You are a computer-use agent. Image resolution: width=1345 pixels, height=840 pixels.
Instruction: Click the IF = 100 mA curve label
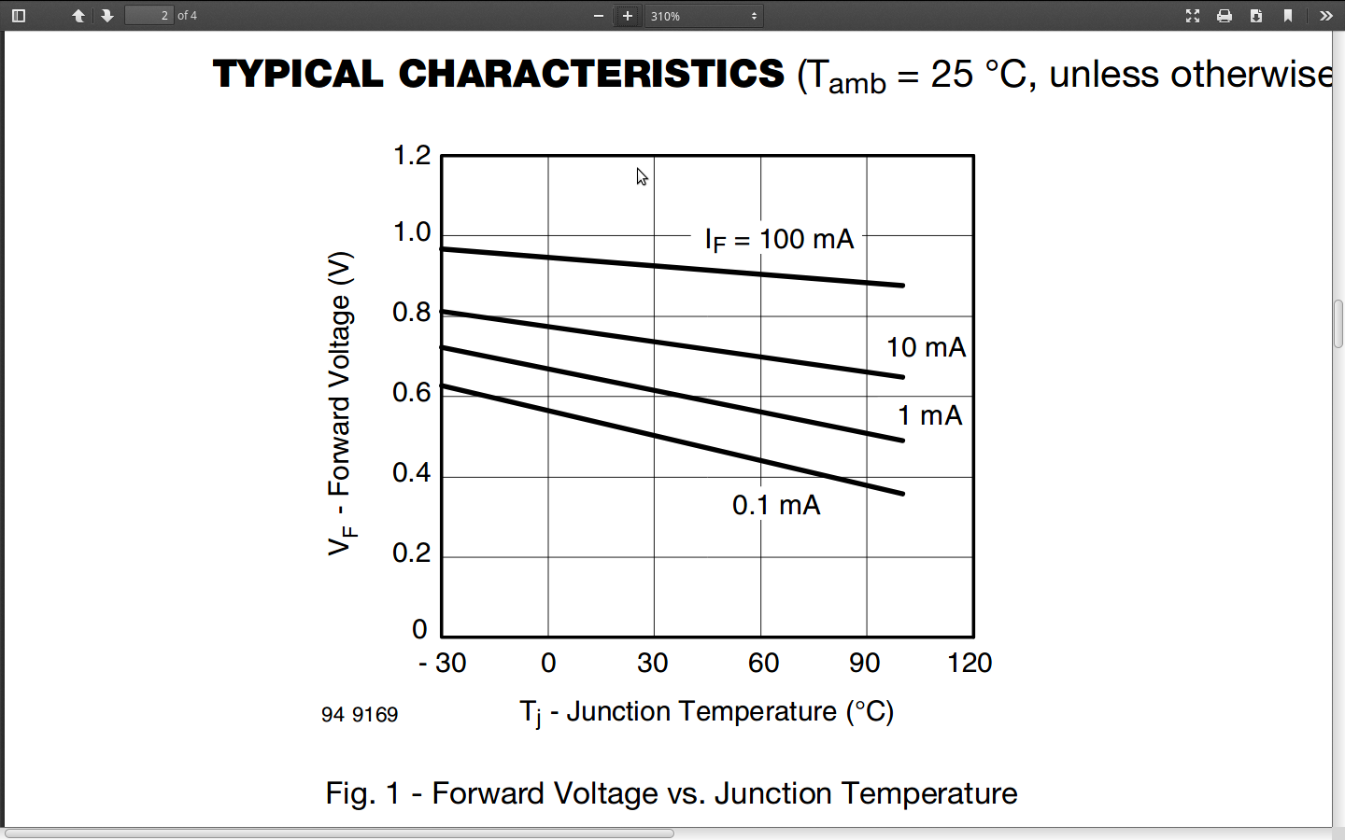tap(779, 240)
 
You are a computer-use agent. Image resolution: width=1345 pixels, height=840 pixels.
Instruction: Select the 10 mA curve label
tap(926, 347)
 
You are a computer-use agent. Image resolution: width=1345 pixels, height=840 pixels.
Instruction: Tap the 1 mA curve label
tap(929, 415)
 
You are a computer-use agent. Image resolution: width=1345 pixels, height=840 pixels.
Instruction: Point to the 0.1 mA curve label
tap(776, 505)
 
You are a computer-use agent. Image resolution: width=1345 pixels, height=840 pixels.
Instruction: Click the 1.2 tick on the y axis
tap(412, 155)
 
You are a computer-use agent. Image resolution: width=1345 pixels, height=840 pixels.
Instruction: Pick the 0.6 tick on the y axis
tap(412, 392)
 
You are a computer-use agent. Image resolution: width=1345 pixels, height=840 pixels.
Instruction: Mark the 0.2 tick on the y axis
tap(412, 553)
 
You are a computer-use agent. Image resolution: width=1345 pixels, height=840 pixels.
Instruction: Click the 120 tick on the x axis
tap(970, 663)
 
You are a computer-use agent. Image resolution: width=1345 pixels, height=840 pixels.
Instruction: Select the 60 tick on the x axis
tap(763, 663)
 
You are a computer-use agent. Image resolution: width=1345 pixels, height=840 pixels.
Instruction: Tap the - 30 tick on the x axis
tap(443, 663)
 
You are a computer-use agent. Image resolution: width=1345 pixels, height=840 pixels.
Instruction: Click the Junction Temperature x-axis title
tap(706, 712)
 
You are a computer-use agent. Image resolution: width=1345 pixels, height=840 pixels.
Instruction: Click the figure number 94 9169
tap(360, 715)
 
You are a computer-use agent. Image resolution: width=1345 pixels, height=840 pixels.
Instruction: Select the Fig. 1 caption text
tap(671, 793)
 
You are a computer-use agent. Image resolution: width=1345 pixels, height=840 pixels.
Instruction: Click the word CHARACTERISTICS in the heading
tap(591, 74)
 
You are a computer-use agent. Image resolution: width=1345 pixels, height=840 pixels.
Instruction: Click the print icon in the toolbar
tap(1225, 16)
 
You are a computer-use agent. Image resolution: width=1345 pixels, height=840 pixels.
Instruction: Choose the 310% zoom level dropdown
tap(704, 16)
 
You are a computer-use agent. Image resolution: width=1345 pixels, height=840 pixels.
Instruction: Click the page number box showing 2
tap(149, 16)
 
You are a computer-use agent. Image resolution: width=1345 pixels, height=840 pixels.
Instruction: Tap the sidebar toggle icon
tap(19, 16)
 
